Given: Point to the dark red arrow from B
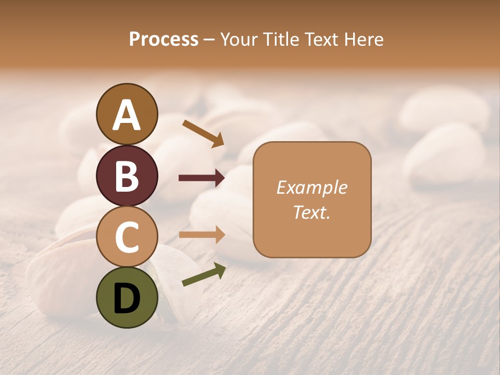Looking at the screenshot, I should click(x=202, y=178).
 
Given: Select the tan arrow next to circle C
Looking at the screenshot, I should click(x=202, y=235).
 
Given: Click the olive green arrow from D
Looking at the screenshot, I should click(x=203, y=274).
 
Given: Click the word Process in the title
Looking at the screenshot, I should click(x=164, y=39).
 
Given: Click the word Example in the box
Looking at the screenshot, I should click(x=311, y=187).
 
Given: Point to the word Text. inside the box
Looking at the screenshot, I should click(x=311, y=213).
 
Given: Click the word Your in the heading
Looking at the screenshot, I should click(x=238, y=39).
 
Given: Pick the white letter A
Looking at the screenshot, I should click(x=127, y=116).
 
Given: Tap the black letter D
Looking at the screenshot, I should click(x=127, y=298).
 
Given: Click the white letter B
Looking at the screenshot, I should click(x=127, y=177).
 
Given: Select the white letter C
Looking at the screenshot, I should click(x=127, y=238).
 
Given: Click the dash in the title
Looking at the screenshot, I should click(x=209, y=40).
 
